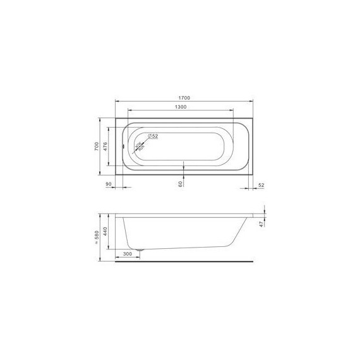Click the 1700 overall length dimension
point(184,98)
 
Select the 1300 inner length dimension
point(180,107)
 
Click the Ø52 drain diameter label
point(152,136)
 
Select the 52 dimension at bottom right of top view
point(260,184)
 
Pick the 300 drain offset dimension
point(128,253)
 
